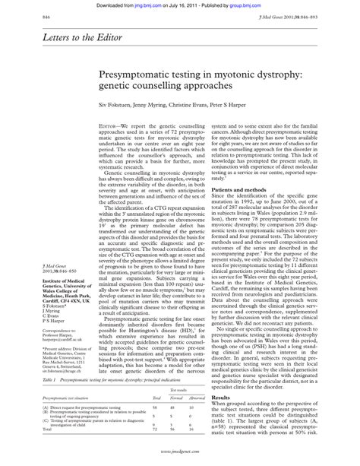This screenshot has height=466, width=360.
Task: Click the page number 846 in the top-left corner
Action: coord(26,16)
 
